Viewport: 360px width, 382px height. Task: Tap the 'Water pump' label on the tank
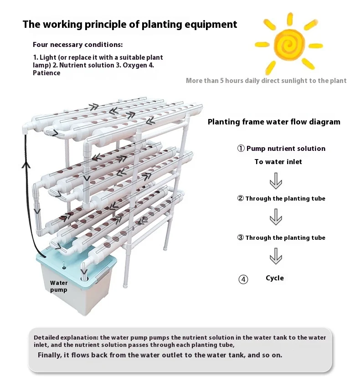[59, 286]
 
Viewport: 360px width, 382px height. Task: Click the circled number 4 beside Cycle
[243, 279]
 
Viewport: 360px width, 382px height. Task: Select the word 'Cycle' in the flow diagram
[275, 278]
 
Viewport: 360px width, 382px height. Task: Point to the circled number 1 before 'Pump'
[241, 149]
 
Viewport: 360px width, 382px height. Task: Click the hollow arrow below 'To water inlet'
[276, 181]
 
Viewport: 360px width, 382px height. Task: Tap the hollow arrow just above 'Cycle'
[276, 257]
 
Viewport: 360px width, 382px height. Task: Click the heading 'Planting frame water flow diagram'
[274, 122]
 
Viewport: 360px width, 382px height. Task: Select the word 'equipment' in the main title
[209, 24]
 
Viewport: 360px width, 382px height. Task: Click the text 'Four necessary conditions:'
[77, 45]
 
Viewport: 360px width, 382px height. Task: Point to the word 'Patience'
[46, 73]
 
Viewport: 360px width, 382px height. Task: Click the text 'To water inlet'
[278, 162]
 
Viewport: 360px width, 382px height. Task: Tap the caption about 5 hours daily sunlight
[266, 81]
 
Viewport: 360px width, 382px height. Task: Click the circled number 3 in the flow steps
[241, 237]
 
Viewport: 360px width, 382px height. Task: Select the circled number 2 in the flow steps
[241, 198]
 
